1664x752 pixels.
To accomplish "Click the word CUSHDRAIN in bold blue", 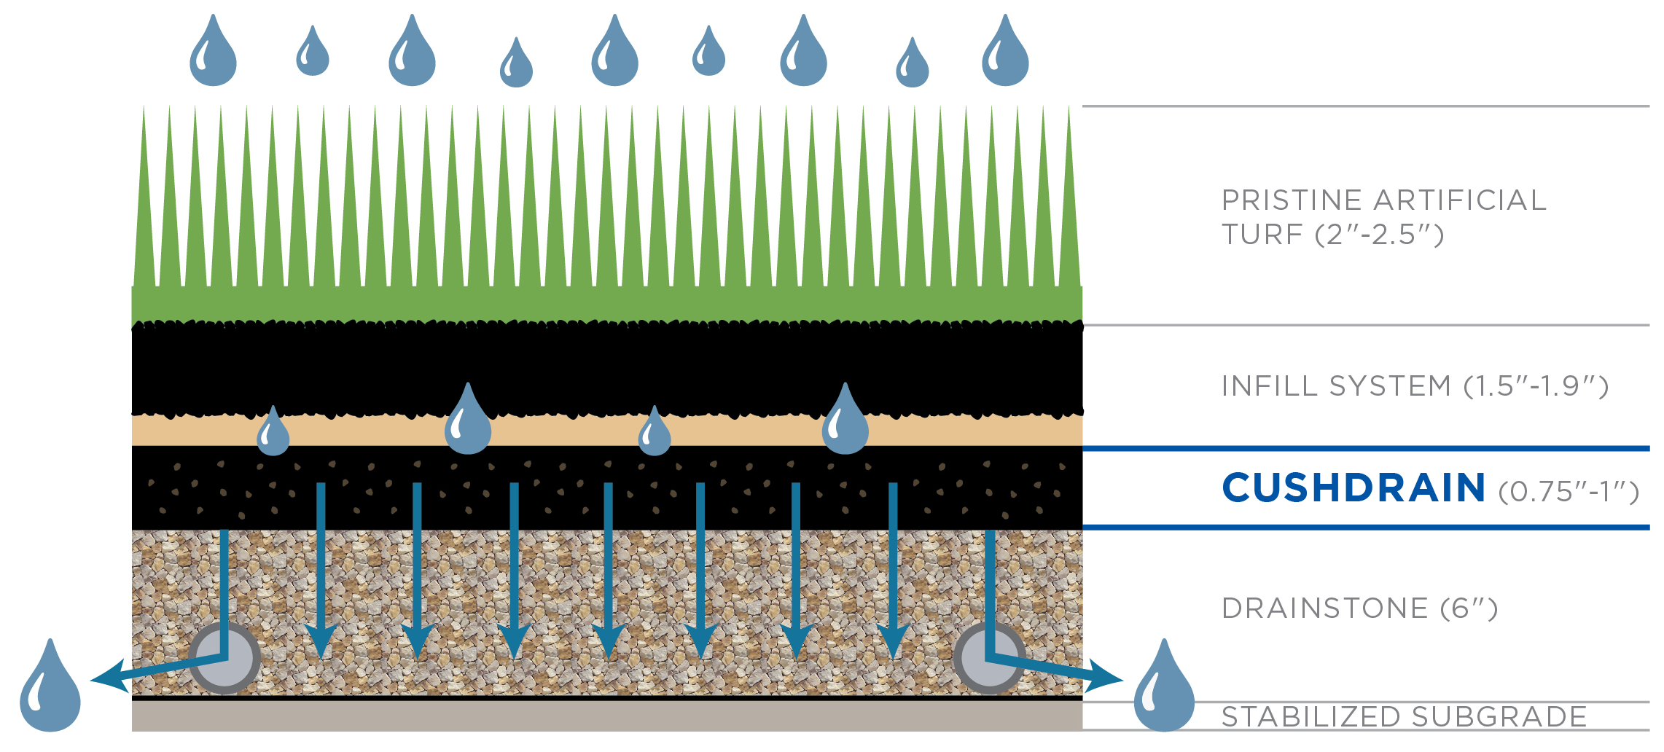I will [1353, 488].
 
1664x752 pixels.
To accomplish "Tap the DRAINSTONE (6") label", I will [1359, 608].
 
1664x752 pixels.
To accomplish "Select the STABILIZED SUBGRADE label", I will [1404, 716].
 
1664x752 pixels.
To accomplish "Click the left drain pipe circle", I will [224, 658].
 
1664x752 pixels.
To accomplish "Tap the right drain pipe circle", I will [989, 658].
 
